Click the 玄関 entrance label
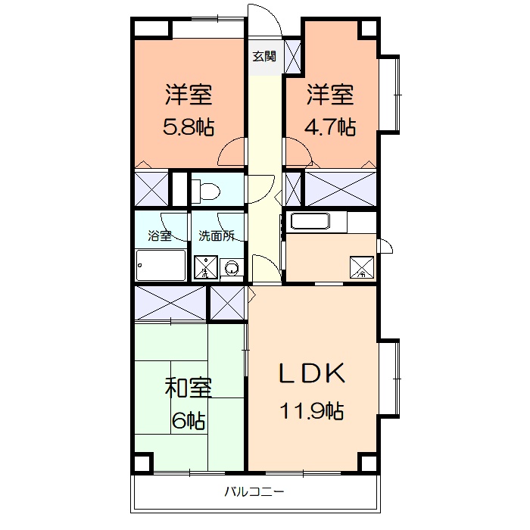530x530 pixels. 264,55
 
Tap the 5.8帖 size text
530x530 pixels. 188,127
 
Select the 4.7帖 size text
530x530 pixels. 331,127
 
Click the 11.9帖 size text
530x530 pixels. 312,411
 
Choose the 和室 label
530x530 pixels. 188,388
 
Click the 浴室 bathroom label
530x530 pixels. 160,235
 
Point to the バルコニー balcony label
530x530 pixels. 254,492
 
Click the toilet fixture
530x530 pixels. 205,192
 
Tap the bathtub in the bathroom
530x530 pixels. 161,265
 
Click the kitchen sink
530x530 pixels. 310,223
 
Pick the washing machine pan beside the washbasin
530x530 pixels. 205,267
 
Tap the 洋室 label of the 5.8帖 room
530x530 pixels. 188,95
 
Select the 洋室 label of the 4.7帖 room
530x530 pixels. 331,95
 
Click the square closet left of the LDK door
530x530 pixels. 228,304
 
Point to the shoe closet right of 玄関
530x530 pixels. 292,56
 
